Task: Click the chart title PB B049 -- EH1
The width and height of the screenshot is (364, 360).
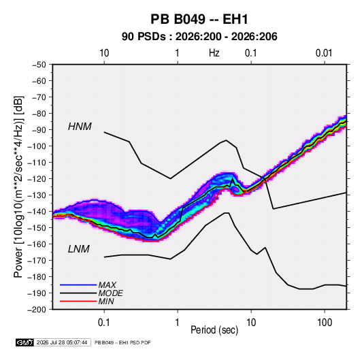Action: click(199, 19)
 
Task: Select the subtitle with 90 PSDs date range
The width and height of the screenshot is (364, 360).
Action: click(199, 37)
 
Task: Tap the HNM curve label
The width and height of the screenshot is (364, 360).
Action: click(80, 127)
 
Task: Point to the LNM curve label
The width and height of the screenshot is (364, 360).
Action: click(79, 249)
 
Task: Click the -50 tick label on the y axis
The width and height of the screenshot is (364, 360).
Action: click(39, 65)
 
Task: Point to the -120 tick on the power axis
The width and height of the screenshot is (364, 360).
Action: click(37, 179)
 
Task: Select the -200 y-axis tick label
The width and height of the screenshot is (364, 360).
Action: click(37, 310)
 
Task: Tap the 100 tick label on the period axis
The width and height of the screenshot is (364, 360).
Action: click(325, 323)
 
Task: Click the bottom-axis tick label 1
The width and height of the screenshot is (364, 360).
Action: click(178, 323)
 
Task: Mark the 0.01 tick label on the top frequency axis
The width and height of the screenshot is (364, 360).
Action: click(324, 53)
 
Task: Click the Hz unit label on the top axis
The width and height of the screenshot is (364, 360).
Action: click(214, 53)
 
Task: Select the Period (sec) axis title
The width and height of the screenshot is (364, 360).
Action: click(214, 330)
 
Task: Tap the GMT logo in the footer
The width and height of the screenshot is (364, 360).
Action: click(25, 342)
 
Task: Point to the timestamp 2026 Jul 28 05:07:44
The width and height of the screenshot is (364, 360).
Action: click(62, 342)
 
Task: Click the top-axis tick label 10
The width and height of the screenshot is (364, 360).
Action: click(104, 53)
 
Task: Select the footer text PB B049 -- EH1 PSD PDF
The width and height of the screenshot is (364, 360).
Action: click(122, 342)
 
